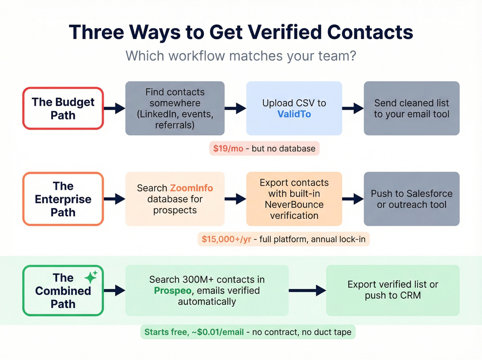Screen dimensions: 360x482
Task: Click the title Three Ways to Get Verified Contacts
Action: click(241, 32)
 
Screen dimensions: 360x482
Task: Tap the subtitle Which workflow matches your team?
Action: click(241, 56)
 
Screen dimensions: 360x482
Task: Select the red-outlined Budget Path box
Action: click(63, 109)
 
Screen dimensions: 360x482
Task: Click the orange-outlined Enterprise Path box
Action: click(63, 199)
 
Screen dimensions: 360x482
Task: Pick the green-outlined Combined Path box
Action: click(63, 291)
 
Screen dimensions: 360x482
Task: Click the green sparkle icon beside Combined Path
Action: click(91, 277)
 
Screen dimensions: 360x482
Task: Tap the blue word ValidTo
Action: click(294, 114)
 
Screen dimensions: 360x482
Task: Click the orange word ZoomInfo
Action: click(191, 188)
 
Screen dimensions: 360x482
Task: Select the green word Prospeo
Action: click(172, 290)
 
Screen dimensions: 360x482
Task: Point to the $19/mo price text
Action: click(228, 148)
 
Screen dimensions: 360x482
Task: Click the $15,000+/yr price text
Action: click(226, 239)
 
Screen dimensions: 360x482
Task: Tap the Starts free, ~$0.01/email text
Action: click(194, 332)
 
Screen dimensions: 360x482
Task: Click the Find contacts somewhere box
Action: click(175, 109)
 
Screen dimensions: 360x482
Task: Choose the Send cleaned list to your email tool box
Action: click(411, 109)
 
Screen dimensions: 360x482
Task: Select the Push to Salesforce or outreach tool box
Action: click(411, 199)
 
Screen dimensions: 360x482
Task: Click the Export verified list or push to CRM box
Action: click(392, 290)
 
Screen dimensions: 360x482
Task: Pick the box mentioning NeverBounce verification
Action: click(294, 199)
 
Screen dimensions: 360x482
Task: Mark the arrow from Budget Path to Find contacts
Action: click(115, 108)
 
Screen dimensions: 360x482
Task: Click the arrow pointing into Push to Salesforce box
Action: click(353, 199)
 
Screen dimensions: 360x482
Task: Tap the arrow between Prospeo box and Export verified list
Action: click(307, 290)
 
